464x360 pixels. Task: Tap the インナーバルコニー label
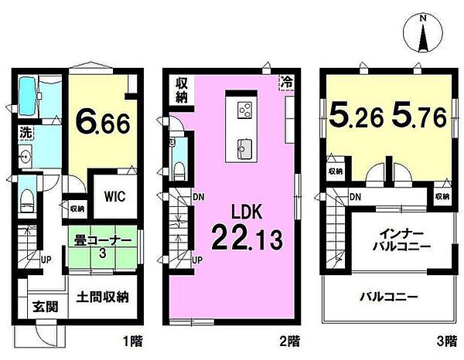[x=399, y=240]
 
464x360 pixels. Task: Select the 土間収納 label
[x=101, y=297]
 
